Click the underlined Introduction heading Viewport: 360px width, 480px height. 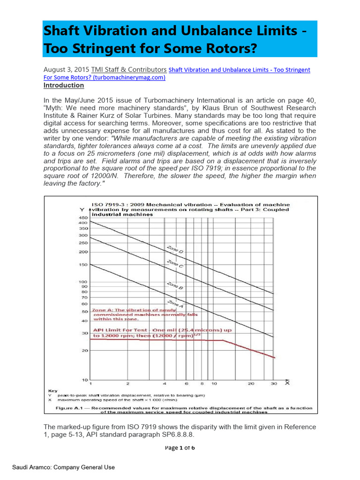click(x=63, y=85)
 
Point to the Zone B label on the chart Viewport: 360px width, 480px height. click(x=175, y=285)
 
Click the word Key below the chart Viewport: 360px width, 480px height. click(x=53, y=390)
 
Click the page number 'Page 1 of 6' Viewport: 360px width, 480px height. click(x=180, y=448)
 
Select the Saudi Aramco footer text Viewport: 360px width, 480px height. click(x=63, y=467)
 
